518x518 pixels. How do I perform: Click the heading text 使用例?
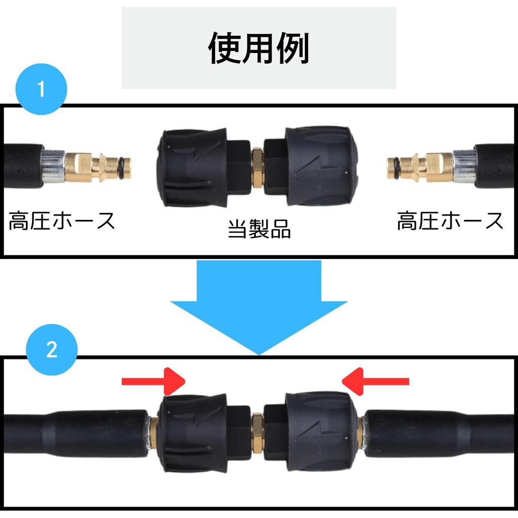pos(258,49)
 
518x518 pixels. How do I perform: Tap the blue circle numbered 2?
pos(52,350)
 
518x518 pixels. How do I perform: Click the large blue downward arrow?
pos(258,304)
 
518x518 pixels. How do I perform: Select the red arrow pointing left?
pos(375,381)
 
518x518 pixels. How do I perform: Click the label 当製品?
pos(259,229)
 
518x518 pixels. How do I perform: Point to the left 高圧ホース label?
pos(62,221)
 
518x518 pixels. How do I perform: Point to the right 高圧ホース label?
pos(450,221)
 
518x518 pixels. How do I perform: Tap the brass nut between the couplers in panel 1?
pos(257,167)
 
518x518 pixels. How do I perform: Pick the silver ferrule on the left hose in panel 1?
pos(54,166)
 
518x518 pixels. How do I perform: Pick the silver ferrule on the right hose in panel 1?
pos(463,166)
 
